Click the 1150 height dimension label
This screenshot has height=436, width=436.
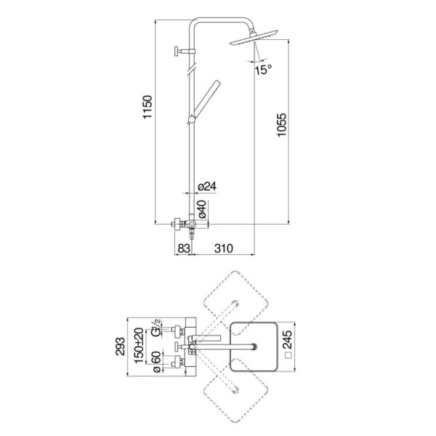coord(148,107)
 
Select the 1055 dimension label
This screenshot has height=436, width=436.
coord(281,124)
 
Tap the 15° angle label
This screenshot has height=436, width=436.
coord(263,70)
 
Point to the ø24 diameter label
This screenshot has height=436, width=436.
coord(207,186)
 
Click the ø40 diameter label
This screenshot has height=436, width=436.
coord(203,209)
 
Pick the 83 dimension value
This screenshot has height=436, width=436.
coord(184,249)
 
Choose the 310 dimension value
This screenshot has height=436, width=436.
coord(224,249)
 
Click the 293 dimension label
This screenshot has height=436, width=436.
coord(120,346)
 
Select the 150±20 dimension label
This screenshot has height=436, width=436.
coord(139,346)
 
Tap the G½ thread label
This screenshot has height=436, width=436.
coord(156,328)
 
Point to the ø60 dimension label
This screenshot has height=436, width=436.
coord(157,362)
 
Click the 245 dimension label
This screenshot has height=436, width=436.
coord(287,339)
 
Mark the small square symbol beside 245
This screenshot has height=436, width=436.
coord(289,355)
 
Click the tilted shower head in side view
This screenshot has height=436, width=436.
coord(254,38)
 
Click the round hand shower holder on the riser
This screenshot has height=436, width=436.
coord(191,120)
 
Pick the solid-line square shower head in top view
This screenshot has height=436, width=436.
coord(254,347)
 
